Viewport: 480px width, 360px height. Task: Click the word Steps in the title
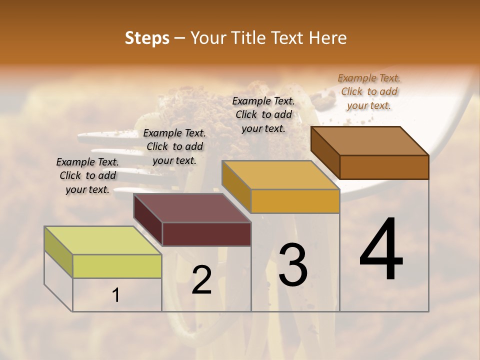coord(147,38)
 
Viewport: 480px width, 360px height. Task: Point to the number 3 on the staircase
coord(292,265)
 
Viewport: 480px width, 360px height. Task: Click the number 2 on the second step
coord(202,280)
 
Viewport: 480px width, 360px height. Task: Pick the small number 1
coord(116,295)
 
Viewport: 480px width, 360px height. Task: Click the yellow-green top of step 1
coord(102,240)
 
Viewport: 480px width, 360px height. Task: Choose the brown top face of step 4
coord(369,141)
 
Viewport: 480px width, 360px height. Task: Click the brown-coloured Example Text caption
coord(369,91)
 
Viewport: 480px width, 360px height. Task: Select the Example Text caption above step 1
coord(87,175)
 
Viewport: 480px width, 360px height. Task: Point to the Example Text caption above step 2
coord(174,146)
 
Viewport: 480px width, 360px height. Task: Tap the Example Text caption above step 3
coord(263,114)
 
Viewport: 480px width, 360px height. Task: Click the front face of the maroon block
coord(206,234)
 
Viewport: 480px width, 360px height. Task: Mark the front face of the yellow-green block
coord(117,266)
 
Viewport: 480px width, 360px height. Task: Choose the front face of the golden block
coord(295,201)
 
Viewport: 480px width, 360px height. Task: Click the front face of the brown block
coord(384,167)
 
